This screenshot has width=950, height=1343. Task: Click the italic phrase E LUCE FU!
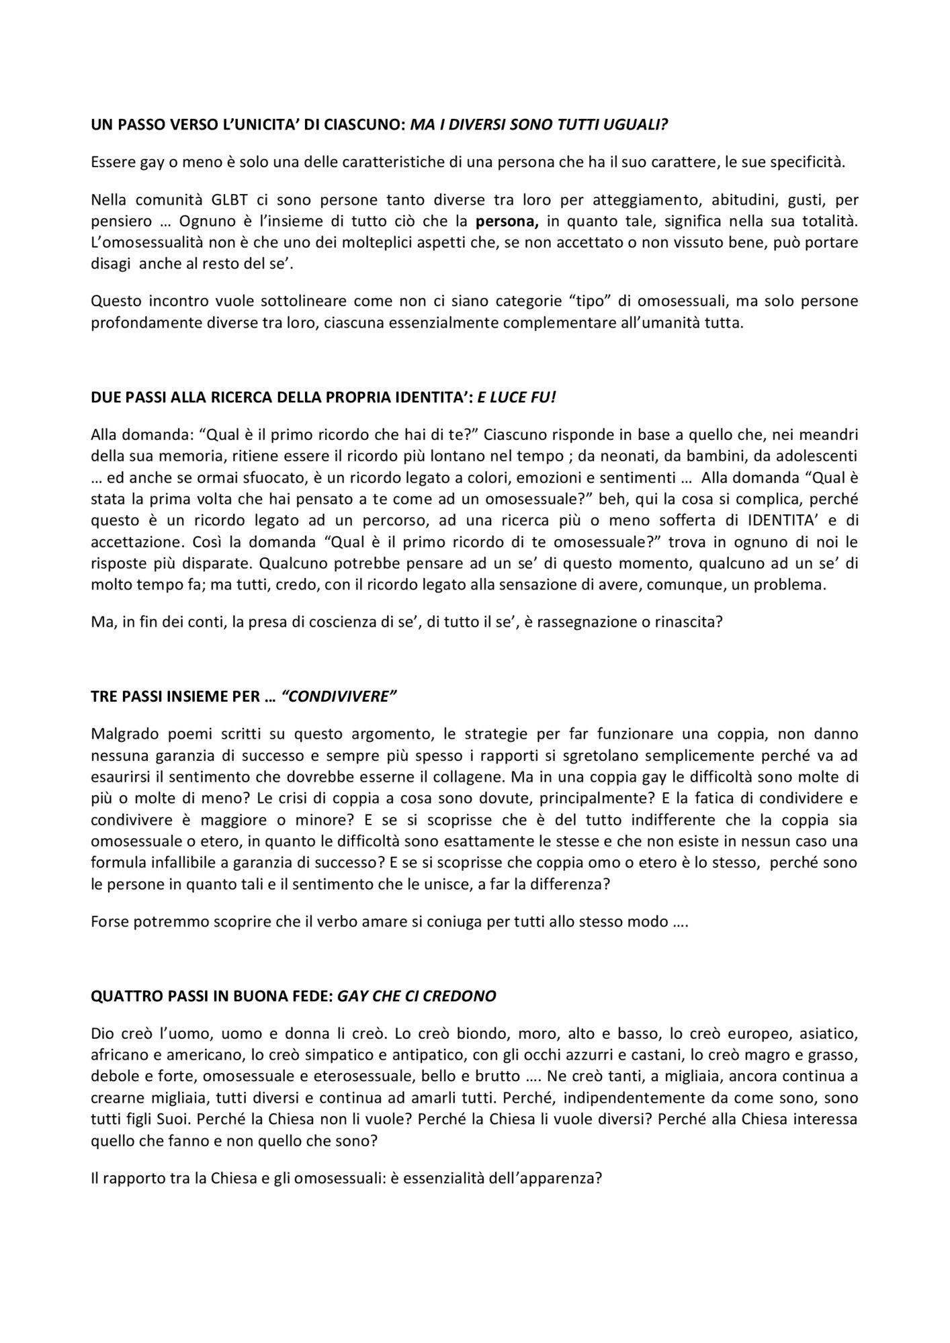[x=517, y=397]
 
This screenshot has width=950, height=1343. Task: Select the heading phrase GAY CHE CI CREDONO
[x=417, y=996]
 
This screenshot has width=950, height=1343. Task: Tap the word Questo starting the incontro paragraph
[x=113, y=301]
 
